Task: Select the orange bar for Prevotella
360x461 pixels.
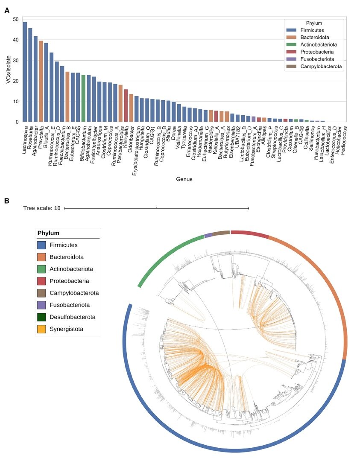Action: point(41,81)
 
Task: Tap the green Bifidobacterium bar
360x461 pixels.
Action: point(83,98)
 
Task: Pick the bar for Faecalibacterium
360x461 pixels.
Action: point(62,94)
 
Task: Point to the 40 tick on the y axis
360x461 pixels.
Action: point(15,40)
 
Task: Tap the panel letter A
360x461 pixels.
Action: point(6,11)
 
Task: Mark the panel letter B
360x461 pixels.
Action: point(6,200)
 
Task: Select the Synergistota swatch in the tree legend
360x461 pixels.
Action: point(42,329)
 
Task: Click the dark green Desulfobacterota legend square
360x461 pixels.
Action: point(42,317)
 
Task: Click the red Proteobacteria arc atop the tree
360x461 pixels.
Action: point(249,233)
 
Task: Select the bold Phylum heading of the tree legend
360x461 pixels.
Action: point(48,233)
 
